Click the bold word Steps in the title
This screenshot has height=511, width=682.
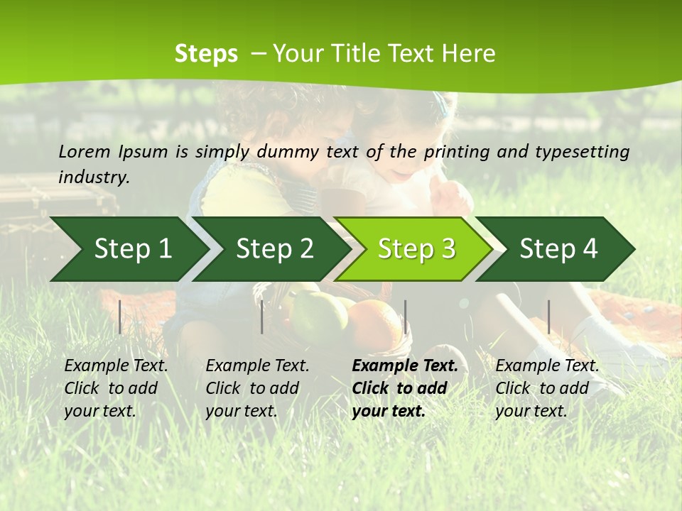click(206, 54)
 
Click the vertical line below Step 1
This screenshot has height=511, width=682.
click(120, 317)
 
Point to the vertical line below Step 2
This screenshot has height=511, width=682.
click(262, 317)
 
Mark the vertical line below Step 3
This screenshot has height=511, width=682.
click(405, 317)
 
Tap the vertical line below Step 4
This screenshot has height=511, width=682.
click(548, 317)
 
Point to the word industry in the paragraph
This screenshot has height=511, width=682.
click(94, 177)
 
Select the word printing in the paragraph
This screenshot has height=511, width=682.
click(458, 151)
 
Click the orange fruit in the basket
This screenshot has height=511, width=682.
click(374, 325)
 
